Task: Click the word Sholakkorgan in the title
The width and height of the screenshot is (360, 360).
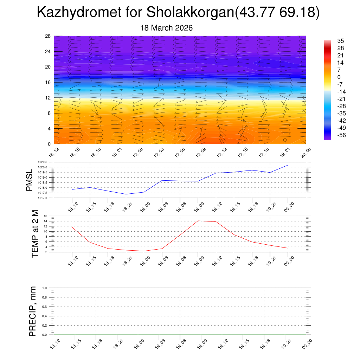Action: pos(190,13)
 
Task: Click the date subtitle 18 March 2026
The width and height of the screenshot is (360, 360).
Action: pos(166,28)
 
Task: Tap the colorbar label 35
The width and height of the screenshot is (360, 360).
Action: pos(340,41)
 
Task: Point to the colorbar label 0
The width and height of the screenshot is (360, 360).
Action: pos(339,77)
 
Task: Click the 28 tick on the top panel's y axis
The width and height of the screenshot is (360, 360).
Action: pos(48,36)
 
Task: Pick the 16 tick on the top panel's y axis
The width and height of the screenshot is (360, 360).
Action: pos(48,82)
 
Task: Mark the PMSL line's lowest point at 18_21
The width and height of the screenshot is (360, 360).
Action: pos(126,194)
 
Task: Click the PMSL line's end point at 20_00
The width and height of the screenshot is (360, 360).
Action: pos(288,165)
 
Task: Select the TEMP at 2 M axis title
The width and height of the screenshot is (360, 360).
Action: pos(35,233)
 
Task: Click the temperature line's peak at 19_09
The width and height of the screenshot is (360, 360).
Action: pos(198,221)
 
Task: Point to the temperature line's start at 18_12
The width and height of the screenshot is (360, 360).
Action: pos(72,227)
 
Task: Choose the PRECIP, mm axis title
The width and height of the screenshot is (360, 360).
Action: pos(33,311)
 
